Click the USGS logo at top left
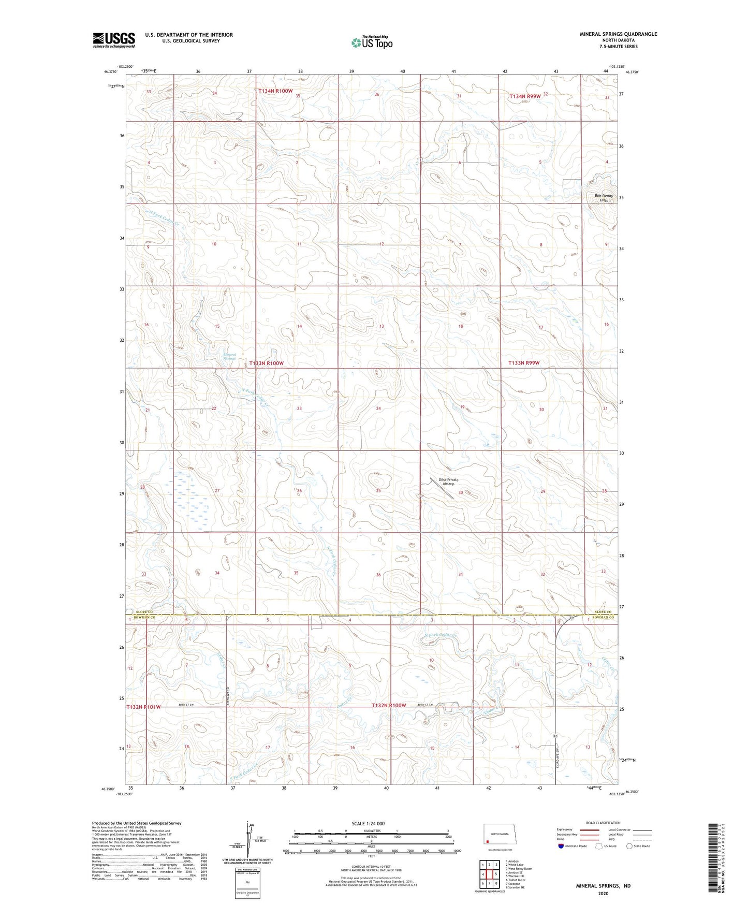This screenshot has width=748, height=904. coord(114,40)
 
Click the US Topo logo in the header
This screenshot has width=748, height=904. coord(372,42)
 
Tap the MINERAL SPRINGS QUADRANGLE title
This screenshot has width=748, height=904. coord(618,34)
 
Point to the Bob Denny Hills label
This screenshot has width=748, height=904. coord(604,198)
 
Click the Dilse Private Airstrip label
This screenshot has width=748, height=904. coord(448,482)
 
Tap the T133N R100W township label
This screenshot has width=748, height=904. coord(267,363)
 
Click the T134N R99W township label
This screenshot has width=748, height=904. coord(524,96)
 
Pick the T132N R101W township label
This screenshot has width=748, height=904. coord(143,707)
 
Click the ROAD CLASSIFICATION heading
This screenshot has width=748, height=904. coord(604,823)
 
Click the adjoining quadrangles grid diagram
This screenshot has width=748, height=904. coord(489,875)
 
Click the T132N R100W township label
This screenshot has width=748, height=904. coord(389,706)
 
